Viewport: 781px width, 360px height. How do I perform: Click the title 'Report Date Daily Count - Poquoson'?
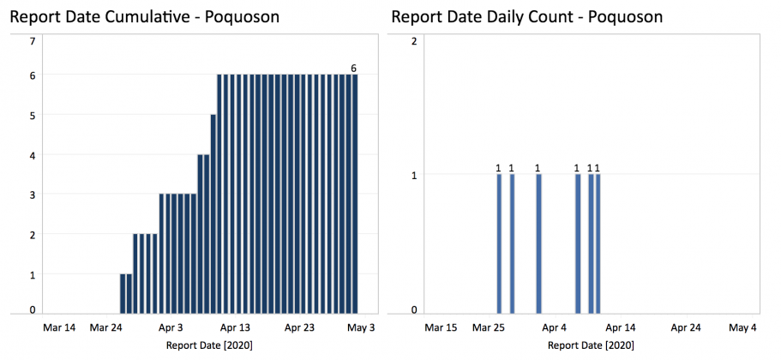coord(526,17)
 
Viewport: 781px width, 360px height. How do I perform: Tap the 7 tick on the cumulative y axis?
coord(33,40)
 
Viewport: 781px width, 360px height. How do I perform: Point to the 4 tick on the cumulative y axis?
coord(33,155)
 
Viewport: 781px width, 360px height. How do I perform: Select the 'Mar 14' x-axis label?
coord(59,327)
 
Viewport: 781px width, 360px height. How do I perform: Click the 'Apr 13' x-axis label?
coord(234,327)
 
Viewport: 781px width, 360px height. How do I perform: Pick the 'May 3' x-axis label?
coord(361,327)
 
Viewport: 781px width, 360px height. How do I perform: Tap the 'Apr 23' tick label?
coord(299,327)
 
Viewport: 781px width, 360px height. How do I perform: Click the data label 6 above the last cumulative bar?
coord(353,68)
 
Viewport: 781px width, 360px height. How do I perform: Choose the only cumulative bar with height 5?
coord(213,214)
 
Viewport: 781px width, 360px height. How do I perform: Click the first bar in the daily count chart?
coord(499,244)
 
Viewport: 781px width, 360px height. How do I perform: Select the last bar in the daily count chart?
coord(598,244)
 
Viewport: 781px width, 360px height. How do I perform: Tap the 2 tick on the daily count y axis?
coord(414,40)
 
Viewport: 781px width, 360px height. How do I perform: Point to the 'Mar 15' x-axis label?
coord(442,327)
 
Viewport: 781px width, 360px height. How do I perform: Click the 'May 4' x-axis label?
coord(742,327)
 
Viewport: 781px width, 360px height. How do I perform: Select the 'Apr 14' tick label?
coord(620,327)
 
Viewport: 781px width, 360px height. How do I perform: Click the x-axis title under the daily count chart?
coord(592,345)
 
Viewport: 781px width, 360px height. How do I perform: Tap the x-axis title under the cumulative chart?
coord(209,345)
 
